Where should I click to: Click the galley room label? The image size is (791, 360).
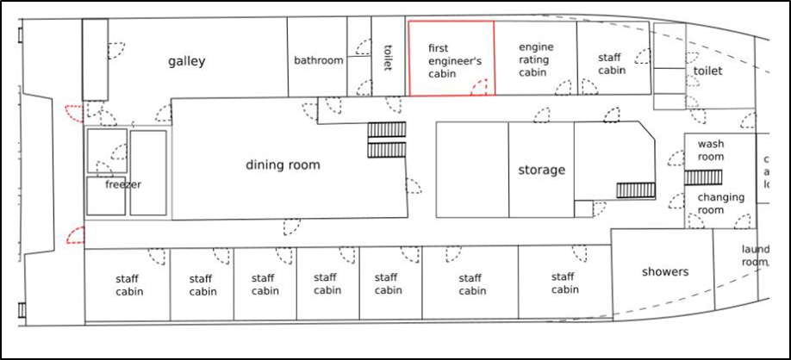[187, 61]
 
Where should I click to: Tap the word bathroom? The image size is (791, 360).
[318, 60]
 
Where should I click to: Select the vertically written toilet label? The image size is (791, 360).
[388, 59]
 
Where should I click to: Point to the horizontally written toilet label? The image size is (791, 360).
[708, 71]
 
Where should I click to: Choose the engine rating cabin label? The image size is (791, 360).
[536, 59]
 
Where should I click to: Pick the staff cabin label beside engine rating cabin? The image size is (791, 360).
[610, 64]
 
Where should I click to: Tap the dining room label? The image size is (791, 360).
[283, 164]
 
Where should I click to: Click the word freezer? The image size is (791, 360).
[123, 184]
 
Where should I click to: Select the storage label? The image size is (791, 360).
[541, 170]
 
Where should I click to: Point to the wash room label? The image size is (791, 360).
[711, 151]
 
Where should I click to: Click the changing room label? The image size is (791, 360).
[721, 203]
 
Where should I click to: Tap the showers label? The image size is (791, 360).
[665, 271]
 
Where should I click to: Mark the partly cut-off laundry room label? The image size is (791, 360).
[755, 256]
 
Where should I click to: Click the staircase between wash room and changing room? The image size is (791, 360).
[697, 177]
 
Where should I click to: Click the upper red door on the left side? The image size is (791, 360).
[74, 113]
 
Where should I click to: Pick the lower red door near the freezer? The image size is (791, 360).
[76, 234]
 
